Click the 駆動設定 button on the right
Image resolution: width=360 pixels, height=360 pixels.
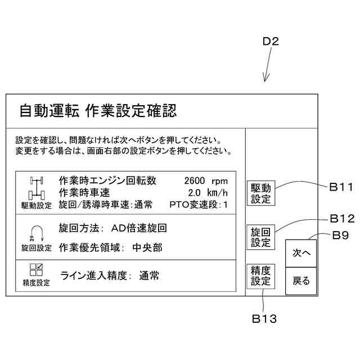pyautogui.click(x=260, y=193)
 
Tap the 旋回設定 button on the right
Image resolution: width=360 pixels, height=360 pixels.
pyautogui.click(x=260, y=236)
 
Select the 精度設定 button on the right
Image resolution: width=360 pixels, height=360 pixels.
pyautogui.click(x=260, y=276)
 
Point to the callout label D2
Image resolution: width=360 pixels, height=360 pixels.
pyautogui.click(x=271, y=42)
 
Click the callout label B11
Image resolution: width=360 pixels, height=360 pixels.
pyautogui.click(x=341, y=187)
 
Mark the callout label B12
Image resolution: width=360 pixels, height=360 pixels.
pyautogui.click(x=341, y=218)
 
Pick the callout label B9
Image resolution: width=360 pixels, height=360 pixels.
pyautogui.click(x=341, y=236)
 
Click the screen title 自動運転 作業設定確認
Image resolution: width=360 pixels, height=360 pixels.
pyautogui.click(x=98, y=111)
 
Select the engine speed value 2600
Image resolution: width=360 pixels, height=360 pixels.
pyautogui.click(x=194, y=181)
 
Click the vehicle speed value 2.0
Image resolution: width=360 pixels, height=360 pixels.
pyautogui.click(x=195, y=193)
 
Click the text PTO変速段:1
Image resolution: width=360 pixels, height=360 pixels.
pyautogui.click(x=199, y=205)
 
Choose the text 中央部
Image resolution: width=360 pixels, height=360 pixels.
pyautogui.click(x=147, y=247)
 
